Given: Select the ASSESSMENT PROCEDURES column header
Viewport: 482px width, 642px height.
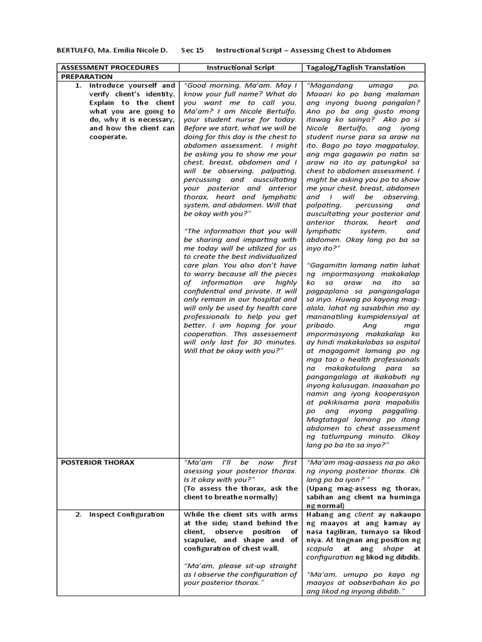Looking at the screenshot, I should (108, 67).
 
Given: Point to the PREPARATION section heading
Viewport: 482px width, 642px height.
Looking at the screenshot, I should (87, 76).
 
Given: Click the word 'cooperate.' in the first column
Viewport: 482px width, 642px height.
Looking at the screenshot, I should (108, 137).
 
